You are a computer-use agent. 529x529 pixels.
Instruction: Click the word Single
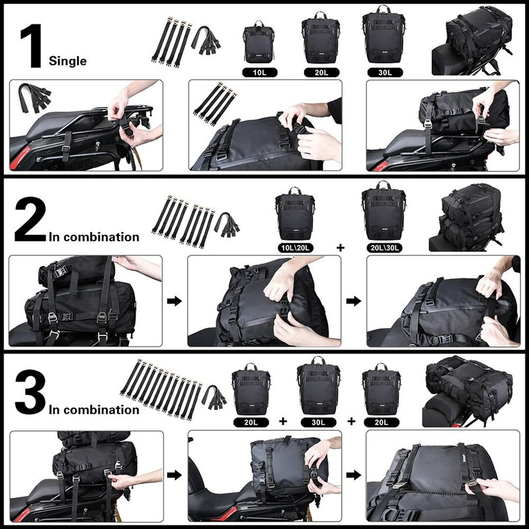68,61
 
